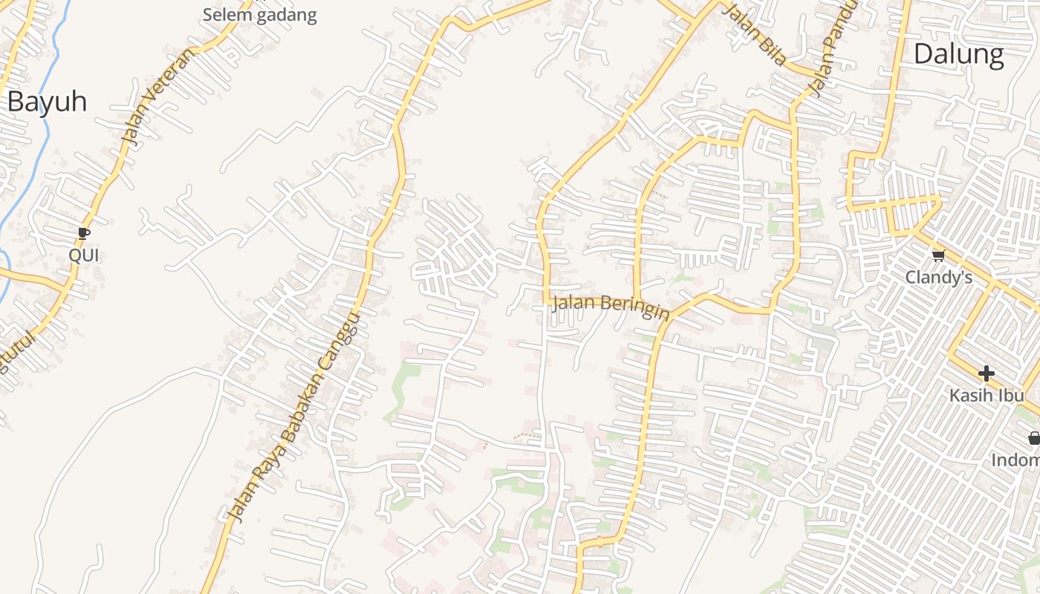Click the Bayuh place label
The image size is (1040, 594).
click(x=47, y=102)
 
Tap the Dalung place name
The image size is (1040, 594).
click(x=958, y=54)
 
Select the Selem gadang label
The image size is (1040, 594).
click(x=259, y=15)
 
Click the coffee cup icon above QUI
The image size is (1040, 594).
click(x=84, y=234)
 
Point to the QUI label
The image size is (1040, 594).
click(x=84, y=255)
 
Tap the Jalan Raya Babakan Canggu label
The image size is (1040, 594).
click(x=293, y=416)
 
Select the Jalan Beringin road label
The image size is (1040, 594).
click(x=610, y=306)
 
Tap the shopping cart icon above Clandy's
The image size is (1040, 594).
click(x=937, y=256)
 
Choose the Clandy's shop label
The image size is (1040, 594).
click(x=938, y=278)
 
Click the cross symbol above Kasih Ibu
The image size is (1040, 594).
click(x=986, y=373)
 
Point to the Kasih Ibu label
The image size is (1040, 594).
click(x=987, y=395)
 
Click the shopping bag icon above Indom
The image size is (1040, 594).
click(x=1034, y=438)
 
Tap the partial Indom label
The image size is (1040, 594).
click(x=1015, y=460)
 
